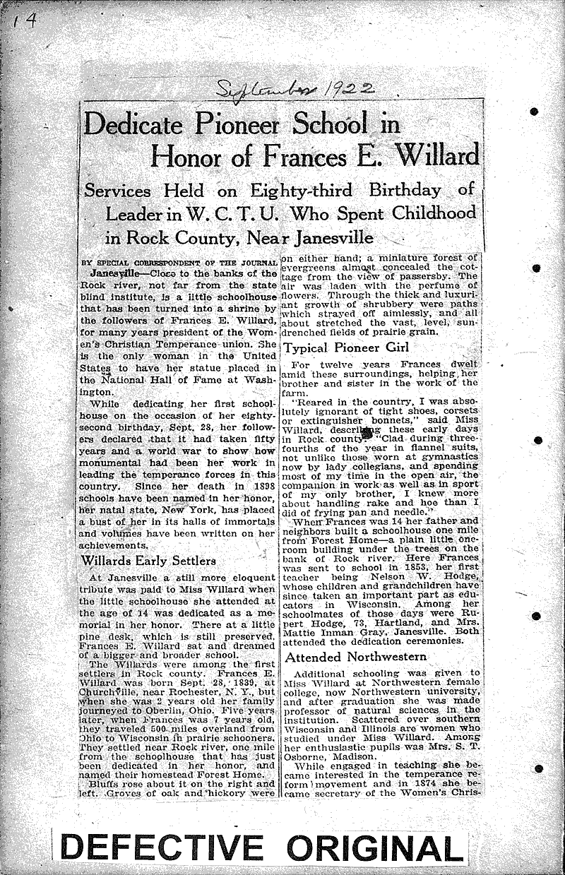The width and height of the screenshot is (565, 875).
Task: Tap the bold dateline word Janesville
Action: pos(116,272)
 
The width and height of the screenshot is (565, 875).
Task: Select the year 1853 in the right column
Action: pos(408,567)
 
